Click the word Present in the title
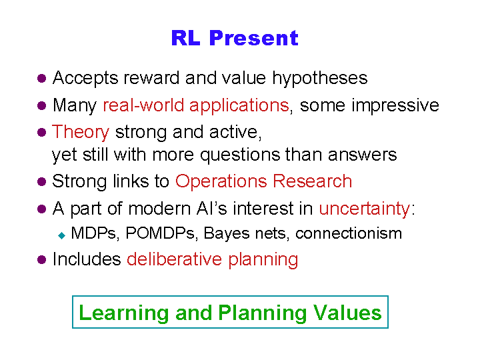pos(254,38)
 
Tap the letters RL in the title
pos(186,38)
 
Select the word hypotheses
pos(320,79)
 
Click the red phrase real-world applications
pos(196,105)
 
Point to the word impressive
pos(395,105)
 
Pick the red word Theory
pos(81,132)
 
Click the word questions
pos(240,155)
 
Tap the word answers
pos(363,155)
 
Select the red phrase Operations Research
pos(263,181)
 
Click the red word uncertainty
pos(364,209)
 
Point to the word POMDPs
pos(160,233)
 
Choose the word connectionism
pos(349,233)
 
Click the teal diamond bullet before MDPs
pos(62,235)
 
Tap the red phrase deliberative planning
pos(213,259)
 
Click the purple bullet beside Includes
pos(41,260)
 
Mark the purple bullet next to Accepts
pos(41,79)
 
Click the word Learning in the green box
pos(124,313)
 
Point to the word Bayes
pos(227,234)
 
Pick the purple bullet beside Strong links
pos(41,181)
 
